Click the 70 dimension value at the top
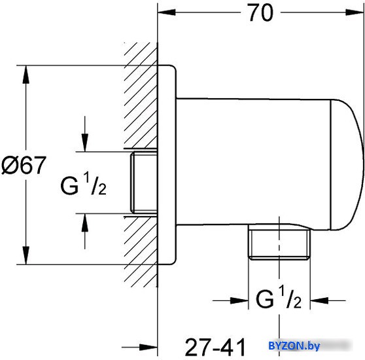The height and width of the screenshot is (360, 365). click(x=260, y=13)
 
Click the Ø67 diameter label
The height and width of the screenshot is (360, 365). click(x=24, y=166)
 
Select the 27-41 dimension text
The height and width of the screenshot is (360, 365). click(x=215, y=347)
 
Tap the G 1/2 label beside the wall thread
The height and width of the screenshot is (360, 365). click(x=83, y=183)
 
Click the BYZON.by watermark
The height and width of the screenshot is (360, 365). click(x=294, y=346)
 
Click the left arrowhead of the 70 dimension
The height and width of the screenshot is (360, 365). click(x=166, y=12)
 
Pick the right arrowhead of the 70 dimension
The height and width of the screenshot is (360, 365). click(x=355, y=12)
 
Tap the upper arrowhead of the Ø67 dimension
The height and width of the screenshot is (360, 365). click(x=26, y=75)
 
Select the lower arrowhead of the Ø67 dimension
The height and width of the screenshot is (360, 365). click(x=26, y=255)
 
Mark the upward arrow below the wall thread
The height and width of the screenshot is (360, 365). click(x=85, y=231)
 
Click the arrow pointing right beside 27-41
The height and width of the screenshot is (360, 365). click(x=140, y=348)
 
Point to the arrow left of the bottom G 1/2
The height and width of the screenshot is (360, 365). click(x=230, y=300)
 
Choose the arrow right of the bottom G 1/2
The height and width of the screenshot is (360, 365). click(x=328, y=300)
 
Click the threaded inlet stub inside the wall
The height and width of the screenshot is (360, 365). click(x=144, y=183)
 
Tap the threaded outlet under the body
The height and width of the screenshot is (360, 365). click(x=279, y=242)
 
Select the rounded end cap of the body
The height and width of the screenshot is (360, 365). click(x=347, y=165)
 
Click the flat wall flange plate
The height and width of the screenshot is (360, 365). click(x=167, y=165)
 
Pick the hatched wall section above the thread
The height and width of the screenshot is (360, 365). click(x=141, y=96)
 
